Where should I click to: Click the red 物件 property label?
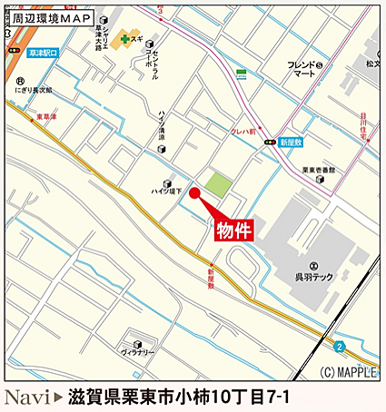pos(233,231)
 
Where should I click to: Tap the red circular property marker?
pos(193,193)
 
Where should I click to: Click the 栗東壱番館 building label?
pos(319,170)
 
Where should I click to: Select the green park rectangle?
pos(217,185)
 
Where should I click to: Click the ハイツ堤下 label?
pos(166,191)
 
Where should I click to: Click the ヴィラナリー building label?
pos(138,351)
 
